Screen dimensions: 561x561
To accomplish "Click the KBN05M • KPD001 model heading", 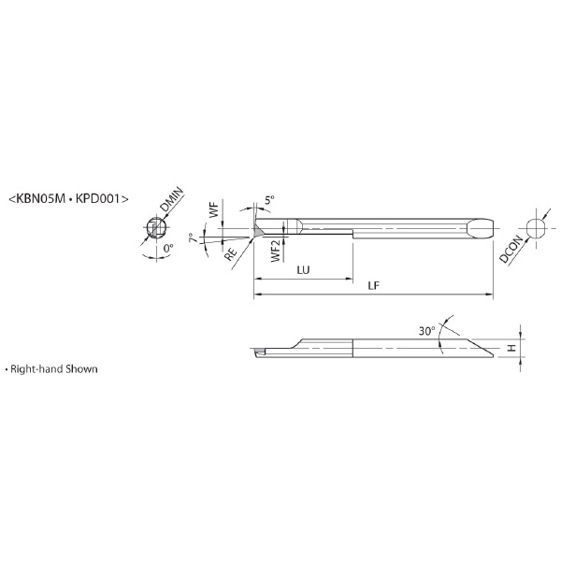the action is [x=68, y=198].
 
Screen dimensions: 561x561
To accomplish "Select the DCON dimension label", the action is [x=511, y=250].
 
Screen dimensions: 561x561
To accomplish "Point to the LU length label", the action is [x=303, y=270].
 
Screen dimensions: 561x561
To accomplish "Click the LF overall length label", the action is [x=373, y=285].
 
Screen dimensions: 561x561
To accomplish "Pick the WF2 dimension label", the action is [x=276, y=251].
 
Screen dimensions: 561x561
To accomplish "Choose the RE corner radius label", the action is [x=231, y=254].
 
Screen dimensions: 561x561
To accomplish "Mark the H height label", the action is [x=512, y=348].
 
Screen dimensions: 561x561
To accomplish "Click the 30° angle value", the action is [x=427, y=331].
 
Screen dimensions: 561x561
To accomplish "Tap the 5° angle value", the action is [x=269, y=200].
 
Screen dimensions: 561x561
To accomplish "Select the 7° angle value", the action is [x=194, y=237].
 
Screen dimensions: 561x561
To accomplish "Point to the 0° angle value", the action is [x=167, y=248].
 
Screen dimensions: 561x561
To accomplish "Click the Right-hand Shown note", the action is [x=51, y=369].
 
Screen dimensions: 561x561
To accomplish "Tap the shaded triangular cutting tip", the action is [x=258, y=231].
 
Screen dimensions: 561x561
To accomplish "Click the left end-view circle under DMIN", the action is [x=156, y=228].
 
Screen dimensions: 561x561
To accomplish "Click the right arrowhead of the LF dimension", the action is [x=490, y=295].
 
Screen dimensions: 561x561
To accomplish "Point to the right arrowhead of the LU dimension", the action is [x=350, y=279].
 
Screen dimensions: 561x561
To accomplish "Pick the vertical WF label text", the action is [x=213, y=210].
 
